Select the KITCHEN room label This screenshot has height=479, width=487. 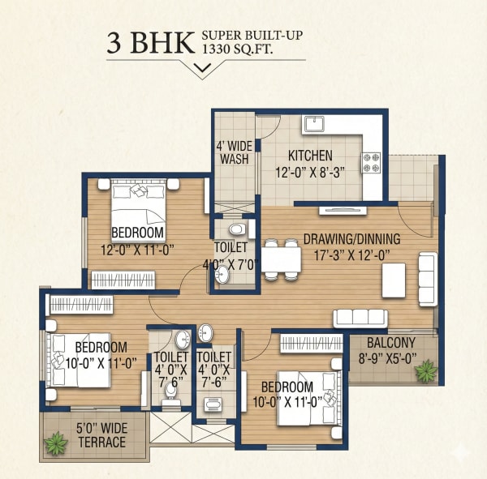(x=308, y=155)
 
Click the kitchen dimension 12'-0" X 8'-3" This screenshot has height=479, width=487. (x=309, y=171)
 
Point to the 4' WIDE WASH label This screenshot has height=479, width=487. (x=232, y=153)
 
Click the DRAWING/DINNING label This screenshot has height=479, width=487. (x=351, y=239)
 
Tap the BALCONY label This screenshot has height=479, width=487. (x=390, y=343)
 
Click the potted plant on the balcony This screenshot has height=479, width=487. (x=424, y=370)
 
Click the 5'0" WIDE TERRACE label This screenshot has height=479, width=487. (x=101, y=435)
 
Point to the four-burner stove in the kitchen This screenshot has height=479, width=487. (x=371, y=162)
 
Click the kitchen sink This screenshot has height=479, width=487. (x=315, y=124)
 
